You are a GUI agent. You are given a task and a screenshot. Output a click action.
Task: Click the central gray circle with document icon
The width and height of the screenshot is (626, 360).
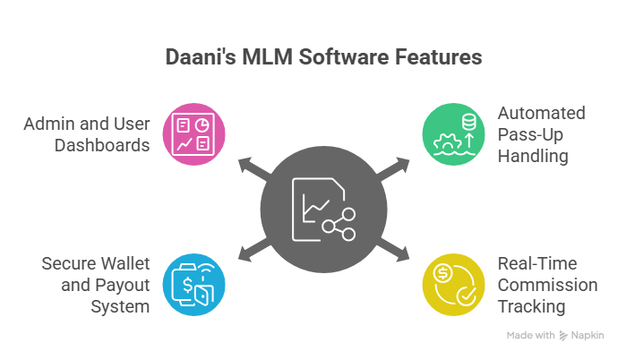(323, 210)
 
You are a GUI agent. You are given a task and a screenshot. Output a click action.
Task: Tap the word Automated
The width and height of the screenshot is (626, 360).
(541, 114)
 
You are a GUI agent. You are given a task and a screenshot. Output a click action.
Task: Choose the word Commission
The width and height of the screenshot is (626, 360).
(547, 285)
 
